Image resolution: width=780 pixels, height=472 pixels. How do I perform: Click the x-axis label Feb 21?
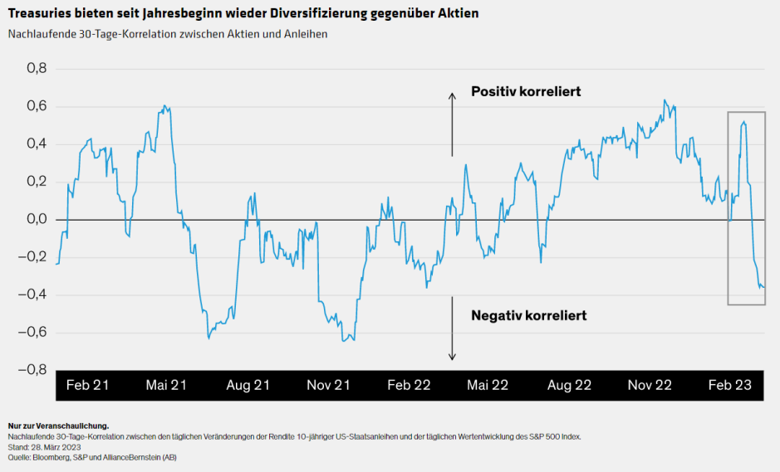[87, 386]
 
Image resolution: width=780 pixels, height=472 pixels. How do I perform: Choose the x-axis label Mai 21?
[167, 386]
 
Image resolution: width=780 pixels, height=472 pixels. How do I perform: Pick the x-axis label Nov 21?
[328, 386]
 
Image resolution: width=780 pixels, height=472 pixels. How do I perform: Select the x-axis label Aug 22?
[569, 386]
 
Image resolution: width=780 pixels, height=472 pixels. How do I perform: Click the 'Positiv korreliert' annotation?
[525, 91]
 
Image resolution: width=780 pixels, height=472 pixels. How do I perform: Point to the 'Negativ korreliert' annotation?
[528, 315]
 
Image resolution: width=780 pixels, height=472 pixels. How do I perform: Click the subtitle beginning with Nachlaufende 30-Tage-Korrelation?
[167, 34]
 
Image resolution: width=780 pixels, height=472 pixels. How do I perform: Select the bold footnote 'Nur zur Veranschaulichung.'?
[58, 426]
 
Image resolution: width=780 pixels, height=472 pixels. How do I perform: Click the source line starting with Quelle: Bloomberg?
[92, 457]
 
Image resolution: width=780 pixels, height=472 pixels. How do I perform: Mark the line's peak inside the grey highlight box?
[743, 122]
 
